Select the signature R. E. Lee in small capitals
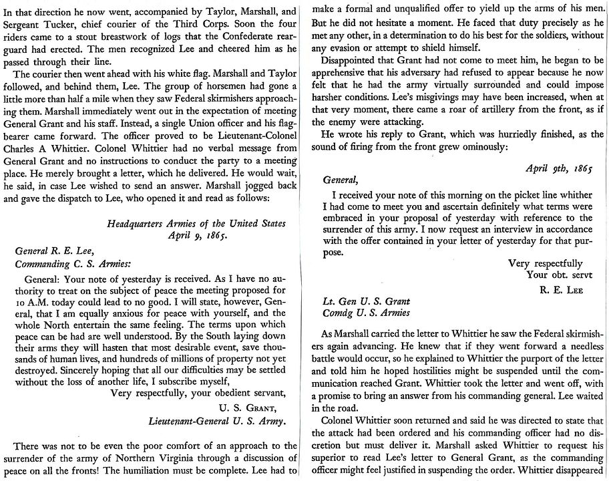562,289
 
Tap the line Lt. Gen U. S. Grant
366,302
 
